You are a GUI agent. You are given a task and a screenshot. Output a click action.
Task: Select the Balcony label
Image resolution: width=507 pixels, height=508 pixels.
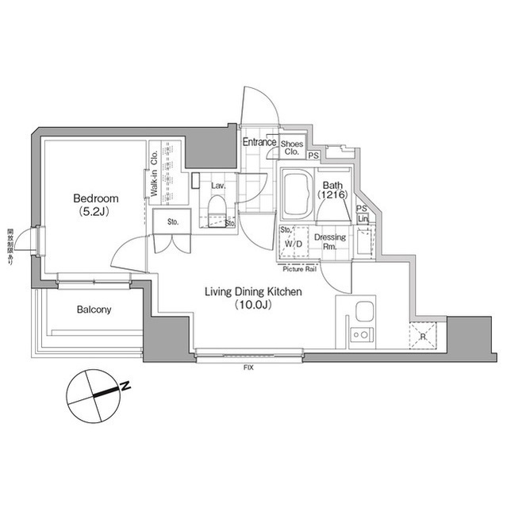[x=94, y=310]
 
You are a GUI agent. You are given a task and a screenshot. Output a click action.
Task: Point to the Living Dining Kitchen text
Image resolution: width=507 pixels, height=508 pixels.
[x=253, y=292]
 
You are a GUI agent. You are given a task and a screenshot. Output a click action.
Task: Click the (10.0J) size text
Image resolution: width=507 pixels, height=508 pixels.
[x=253, y=306]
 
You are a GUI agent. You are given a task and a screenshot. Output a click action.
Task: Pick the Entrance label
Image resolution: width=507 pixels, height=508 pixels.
[x=259, y=142]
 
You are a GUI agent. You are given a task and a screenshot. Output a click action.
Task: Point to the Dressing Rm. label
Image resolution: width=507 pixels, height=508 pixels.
[x=330, y=242]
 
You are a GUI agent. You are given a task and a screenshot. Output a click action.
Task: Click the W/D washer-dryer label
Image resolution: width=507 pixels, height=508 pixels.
[x=293, y=244]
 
